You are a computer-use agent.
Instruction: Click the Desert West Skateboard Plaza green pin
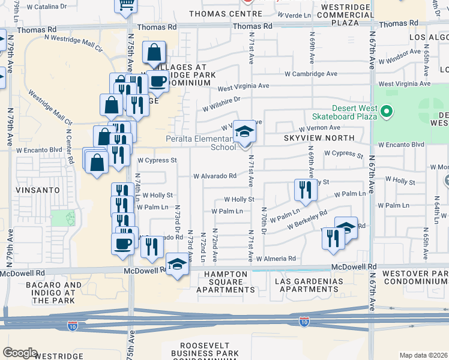click(x=387, y=111)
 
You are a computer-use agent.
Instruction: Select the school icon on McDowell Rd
click(x=177, y=265)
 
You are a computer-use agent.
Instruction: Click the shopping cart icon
click(x=126, y=4)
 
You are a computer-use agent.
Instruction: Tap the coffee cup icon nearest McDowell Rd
click(x=123, y=244)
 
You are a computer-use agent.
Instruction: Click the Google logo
click(x=20, y=353)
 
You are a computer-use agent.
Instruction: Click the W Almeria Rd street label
click(x=276, y=259)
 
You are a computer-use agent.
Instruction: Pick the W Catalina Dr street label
click(x=42, y=6)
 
